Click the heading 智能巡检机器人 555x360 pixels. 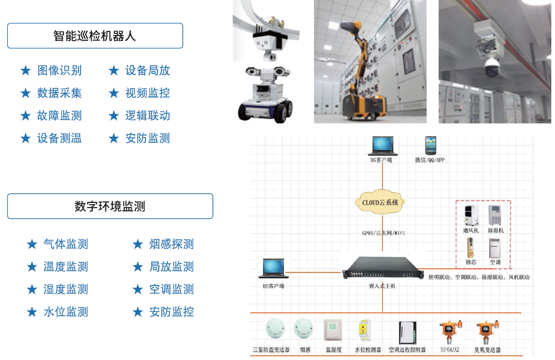[95, 36]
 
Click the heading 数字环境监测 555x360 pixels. [110, 206]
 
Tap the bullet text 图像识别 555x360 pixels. [59, 70]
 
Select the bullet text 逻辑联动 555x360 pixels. [148, 116]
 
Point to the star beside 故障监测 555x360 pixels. [26, 116]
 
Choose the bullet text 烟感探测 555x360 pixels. [171, 244]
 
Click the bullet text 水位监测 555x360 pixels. [66, 312]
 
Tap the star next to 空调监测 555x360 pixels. [138, 289]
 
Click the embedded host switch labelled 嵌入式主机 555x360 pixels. [382, 268]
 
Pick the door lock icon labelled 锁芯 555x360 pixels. [471, 248]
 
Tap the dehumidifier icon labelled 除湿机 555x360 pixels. [495, 215]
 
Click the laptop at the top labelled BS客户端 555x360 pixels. [381, 146]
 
